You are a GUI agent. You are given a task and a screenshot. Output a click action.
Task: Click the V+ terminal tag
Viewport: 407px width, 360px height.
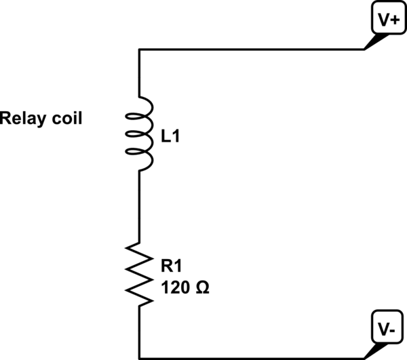coord(388,20)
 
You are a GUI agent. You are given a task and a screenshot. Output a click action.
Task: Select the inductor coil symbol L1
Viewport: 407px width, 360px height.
coord(144,133)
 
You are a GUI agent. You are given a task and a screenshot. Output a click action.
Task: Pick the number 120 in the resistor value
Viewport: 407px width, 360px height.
coord(174,287)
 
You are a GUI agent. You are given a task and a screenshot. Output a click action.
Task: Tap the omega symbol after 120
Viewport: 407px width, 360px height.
coord(202,287)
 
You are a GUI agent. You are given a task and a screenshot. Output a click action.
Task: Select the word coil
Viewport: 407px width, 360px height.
coord(66,119)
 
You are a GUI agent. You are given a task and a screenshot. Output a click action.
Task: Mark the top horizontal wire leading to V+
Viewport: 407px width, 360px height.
coord(251,49)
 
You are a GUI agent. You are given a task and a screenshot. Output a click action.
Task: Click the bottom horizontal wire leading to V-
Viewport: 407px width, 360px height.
coord(251,358)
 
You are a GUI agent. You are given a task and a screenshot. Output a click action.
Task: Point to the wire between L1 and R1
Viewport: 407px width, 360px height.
coord(139,203)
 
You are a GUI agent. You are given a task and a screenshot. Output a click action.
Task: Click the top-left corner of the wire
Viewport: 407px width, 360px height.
coord(139,49)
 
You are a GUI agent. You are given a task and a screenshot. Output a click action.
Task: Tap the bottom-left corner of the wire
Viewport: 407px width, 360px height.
coord(139,358)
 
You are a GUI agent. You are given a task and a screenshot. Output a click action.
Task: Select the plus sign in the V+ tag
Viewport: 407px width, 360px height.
coord(394,20)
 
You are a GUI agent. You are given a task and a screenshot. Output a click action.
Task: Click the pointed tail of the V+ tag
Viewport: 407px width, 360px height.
coord(367,47)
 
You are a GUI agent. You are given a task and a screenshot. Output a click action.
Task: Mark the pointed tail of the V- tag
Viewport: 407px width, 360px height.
coord(367,356)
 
